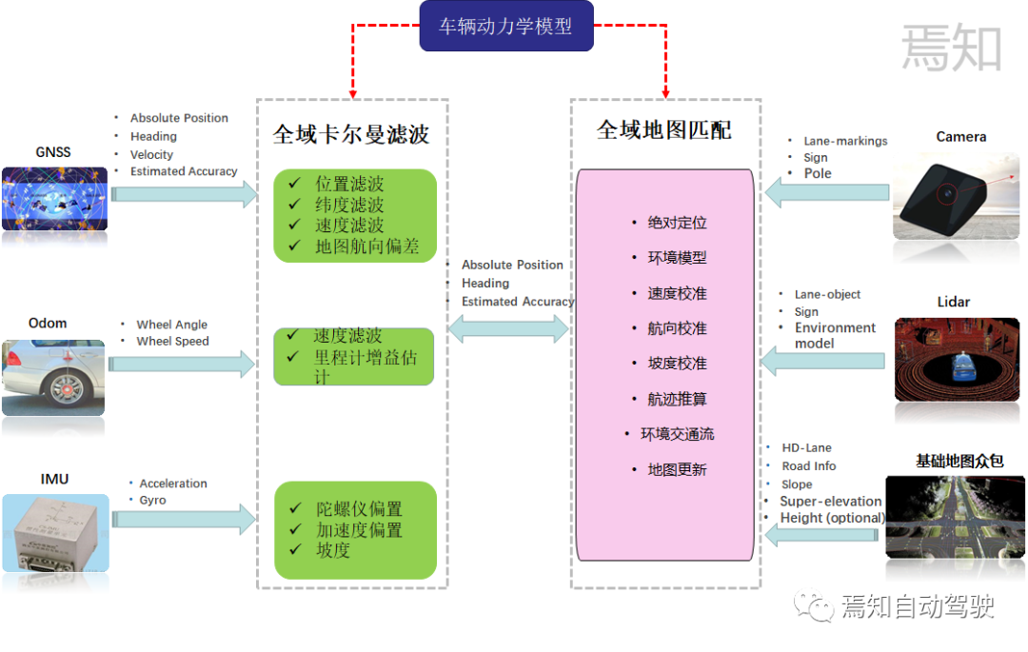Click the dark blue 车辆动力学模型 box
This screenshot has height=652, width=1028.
coord(506,27)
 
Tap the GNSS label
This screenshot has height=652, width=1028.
coord(53,152)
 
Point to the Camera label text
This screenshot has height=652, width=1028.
coord(960,137)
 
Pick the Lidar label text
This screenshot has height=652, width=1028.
coord(953,302)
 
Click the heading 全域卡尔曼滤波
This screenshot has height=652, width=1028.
coord(351,134)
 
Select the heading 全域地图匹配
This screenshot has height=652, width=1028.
coord(663,130)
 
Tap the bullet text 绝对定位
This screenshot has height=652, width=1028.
coord(677,223)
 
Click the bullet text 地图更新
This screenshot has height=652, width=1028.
coord(677,470)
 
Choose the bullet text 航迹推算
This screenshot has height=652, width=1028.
coord(677,400)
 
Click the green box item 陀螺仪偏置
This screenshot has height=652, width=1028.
coord(359,509)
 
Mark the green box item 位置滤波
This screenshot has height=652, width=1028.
coord(349,185)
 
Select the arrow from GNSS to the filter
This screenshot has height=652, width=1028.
coord(184,193)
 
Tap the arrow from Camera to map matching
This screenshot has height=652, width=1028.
coord(826,193)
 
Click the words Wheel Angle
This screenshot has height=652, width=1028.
coord(171,325)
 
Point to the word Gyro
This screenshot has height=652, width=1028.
coord(152,500)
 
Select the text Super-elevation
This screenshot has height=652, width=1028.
coord(830,501)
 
